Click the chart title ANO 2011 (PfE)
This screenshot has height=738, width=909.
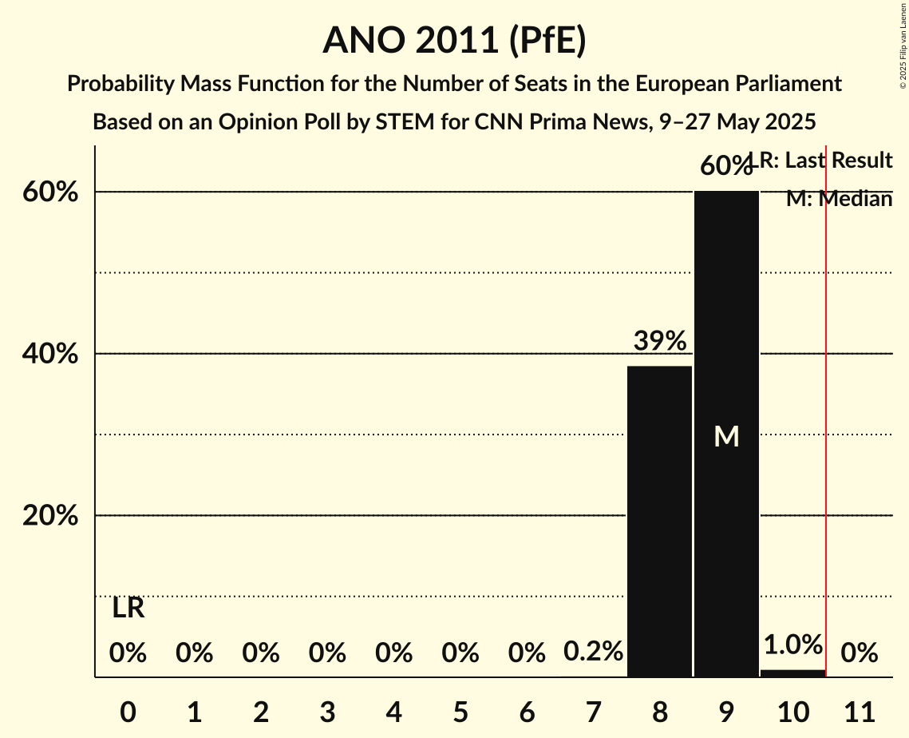coord(454,40)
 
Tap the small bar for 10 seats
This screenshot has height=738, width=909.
coord(792,673)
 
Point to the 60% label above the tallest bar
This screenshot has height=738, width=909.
coord(725,166)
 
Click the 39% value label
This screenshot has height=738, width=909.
coord(659,341)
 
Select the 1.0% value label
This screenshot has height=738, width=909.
coord(792,645)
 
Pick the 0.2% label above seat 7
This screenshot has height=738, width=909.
coord(593,652)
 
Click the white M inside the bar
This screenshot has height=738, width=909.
coord(726,436)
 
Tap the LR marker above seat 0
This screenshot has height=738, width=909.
coord(128,609)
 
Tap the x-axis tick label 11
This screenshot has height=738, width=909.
coord(860,708)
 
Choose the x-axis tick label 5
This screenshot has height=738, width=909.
coord(460,708)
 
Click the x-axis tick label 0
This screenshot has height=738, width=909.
coord(128,708)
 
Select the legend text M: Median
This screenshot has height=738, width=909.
coord(839,199)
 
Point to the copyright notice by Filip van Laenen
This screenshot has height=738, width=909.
coord(903,44)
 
